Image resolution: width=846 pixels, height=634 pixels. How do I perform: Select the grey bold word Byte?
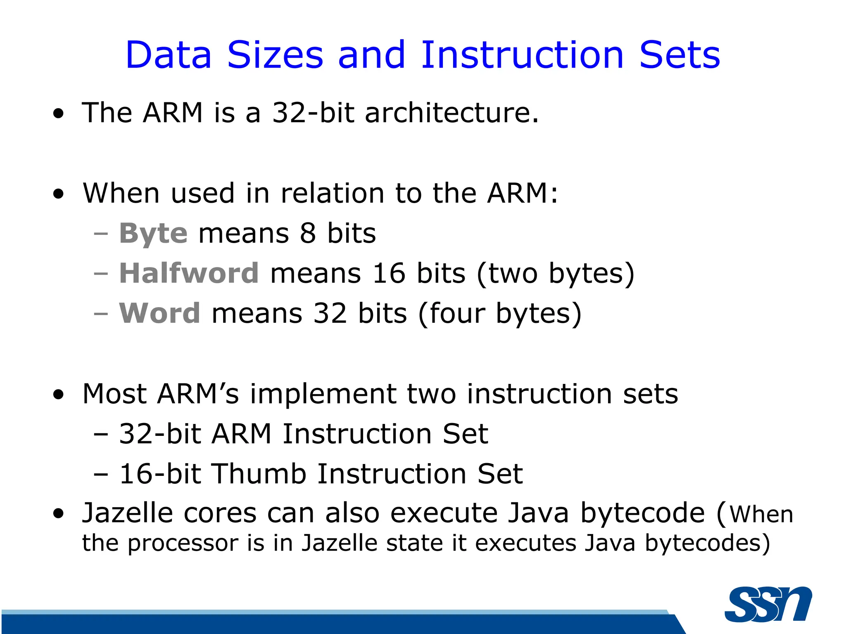point(153,234)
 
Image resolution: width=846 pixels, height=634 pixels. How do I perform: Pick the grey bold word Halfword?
point(189,273)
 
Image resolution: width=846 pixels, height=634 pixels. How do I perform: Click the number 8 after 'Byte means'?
point(308,234)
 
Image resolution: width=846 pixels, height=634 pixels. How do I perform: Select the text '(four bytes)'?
point(500,314)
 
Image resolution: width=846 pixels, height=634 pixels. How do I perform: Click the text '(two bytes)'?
point(555,274)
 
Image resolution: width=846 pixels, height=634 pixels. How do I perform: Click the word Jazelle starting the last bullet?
point(127,513)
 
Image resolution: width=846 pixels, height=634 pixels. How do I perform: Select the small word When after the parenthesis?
point(761,515)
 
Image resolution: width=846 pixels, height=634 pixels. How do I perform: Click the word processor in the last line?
point(183,543)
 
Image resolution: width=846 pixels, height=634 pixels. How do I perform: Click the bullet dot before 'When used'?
point(59,194)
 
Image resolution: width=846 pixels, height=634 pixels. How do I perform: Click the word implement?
point(323,394)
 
